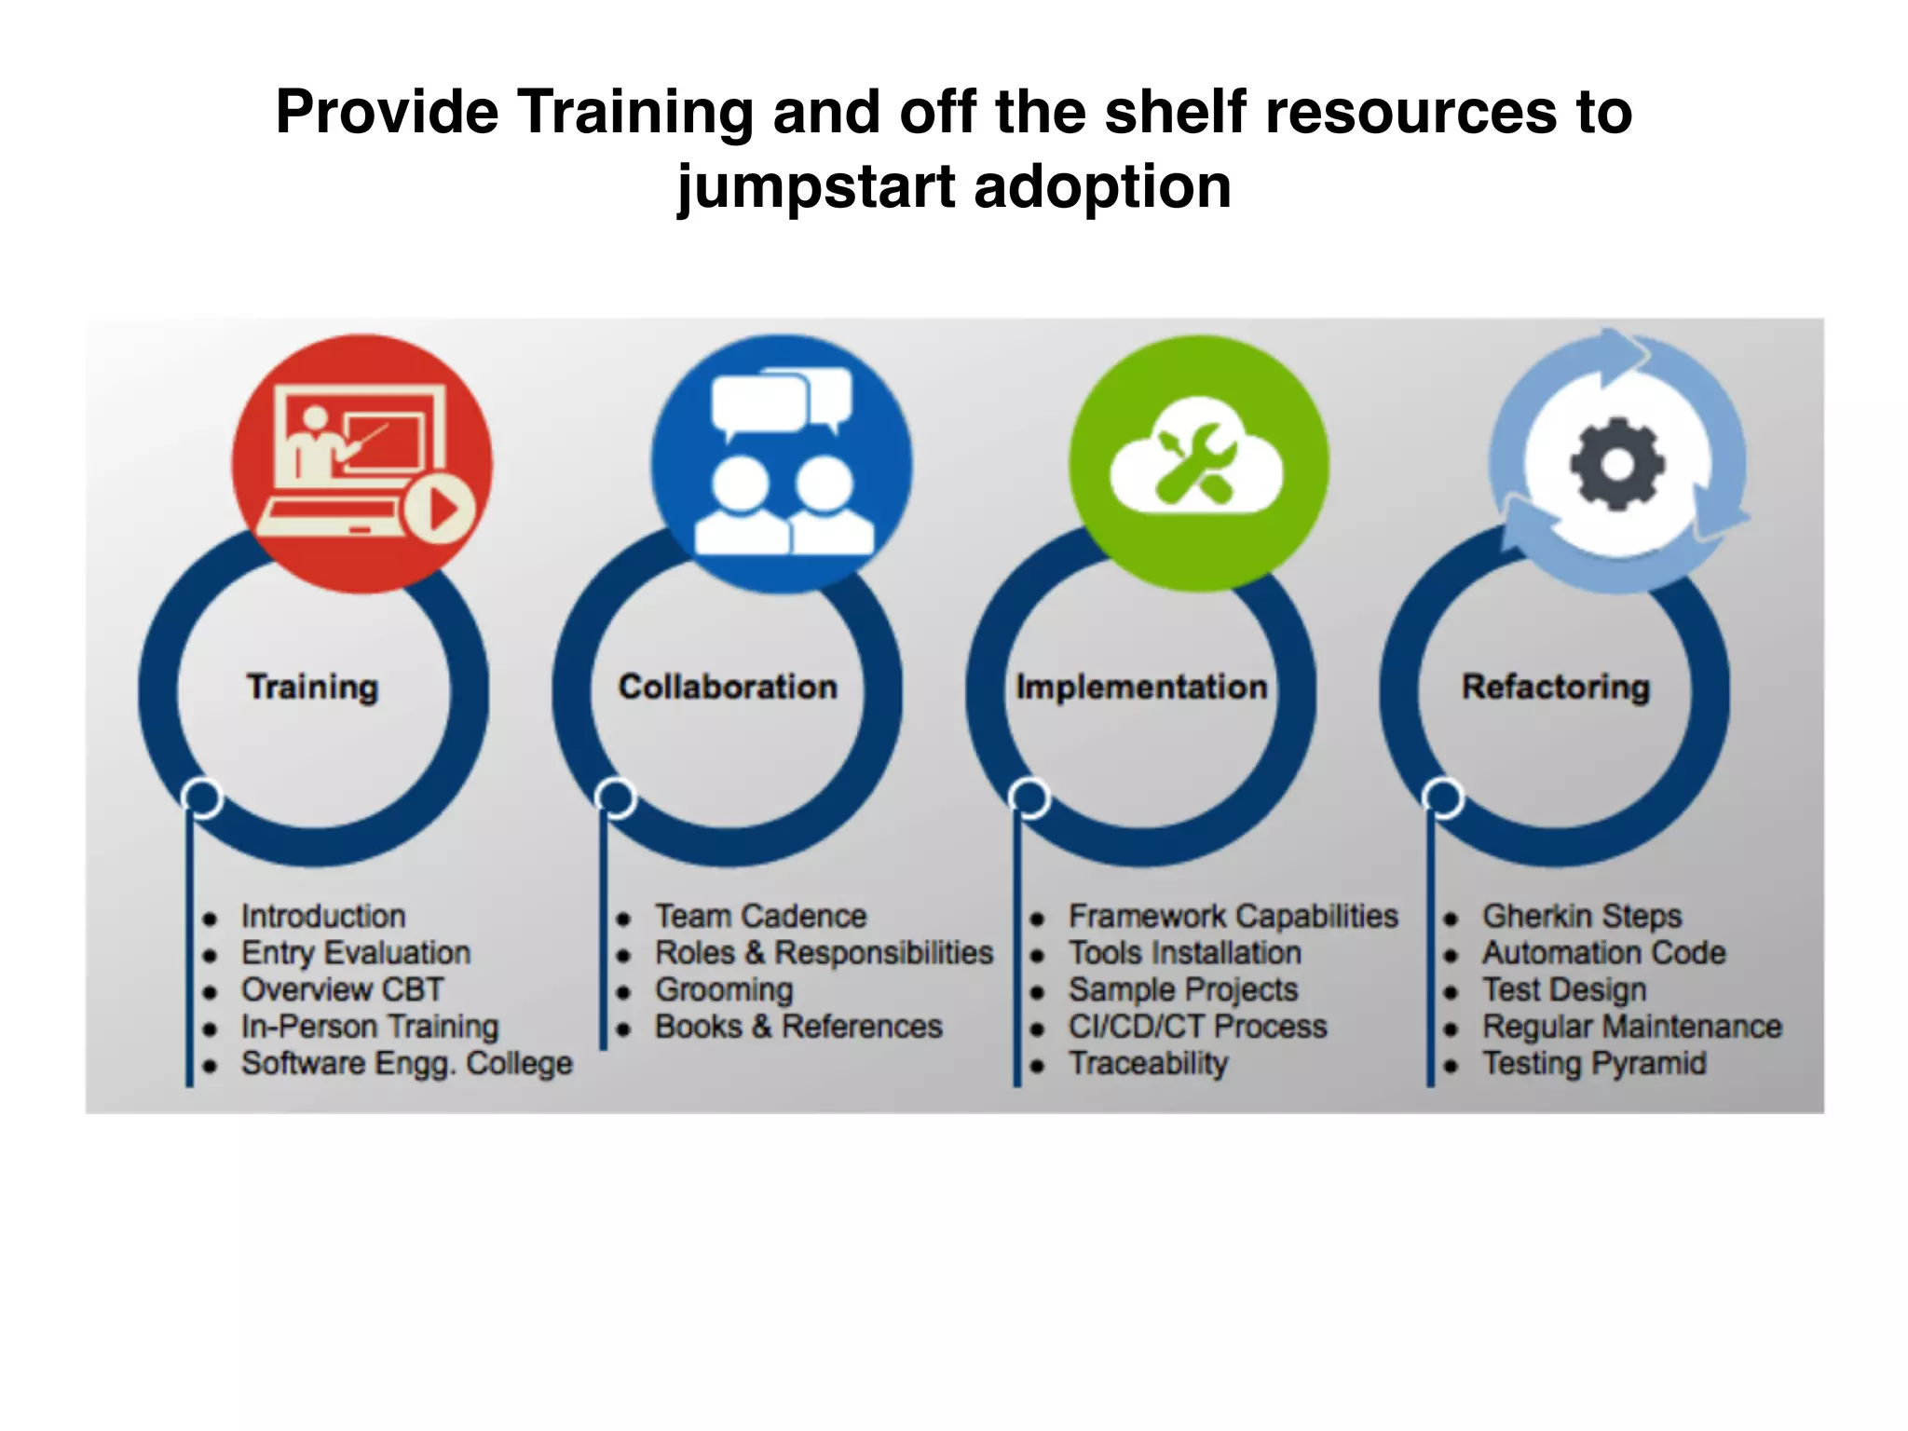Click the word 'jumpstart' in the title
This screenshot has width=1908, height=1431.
[x=816, y=187]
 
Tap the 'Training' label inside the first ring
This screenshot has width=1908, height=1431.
[x=313, y=687]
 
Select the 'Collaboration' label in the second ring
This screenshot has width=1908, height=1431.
[x=728, y=687]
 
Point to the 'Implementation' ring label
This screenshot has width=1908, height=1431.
[x=1141, y=687]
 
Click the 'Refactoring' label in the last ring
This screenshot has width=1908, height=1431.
[x=1555, y=687]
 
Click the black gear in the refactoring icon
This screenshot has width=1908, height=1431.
[x=1616, y=464]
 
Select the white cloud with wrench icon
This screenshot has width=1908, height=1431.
[x=1196, y=458]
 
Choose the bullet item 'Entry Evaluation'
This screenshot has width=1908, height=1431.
[x=356, y=953]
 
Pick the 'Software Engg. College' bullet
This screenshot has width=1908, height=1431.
[x=407, y=1063]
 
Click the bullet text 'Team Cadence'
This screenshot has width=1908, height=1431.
[x=760, y=916]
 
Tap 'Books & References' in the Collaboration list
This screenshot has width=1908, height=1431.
[x=798, y=1027]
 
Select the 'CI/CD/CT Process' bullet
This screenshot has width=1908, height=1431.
[x=1197, y=1027]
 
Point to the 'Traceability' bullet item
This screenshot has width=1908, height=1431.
[x=1148, y=1063]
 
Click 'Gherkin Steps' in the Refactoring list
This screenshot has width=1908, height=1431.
[x=1582, y=916]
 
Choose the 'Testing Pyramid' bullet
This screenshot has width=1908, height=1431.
[x=1594, y=1063]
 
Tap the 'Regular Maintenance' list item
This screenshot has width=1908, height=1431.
[x=1631, y=1027]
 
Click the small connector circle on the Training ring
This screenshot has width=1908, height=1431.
[x=202, y=797]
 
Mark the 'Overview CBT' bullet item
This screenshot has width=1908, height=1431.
[x=342, y=989]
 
